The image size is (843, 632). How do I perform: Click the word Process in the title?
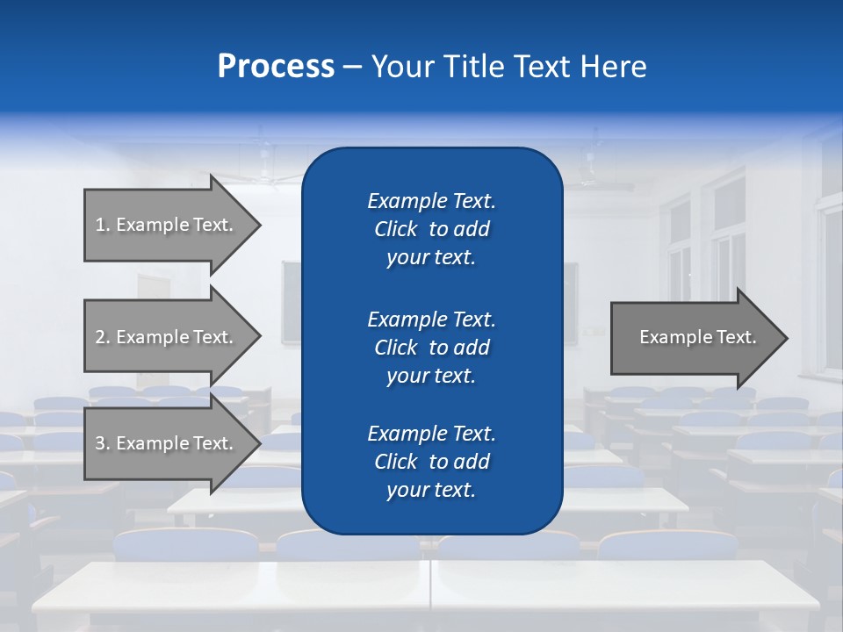click(276, 67)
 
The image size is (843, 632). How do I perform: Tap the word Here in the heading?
click(612, 67)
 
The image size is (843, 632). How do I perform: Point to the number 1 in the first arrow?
click(100, 225)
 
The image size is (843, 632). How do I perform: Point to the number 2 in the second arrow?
click(100, 337)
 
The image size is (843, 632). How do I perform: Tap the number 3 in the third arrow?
click(100, 443)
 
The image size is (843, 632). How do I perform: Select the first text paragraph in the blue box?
click(431, 229)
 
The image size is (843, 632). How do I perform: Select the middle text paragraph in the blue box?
click(431, 348)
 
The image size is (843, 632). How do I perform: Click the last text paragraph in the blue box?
click(431, 462)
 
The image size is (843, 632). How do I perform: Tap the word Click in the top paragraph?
click(396, 229)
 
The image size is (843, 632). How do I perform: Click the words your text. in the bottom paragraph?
click(431, 491)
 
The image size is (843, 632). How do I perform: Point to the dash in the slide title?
click(352, 67)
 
